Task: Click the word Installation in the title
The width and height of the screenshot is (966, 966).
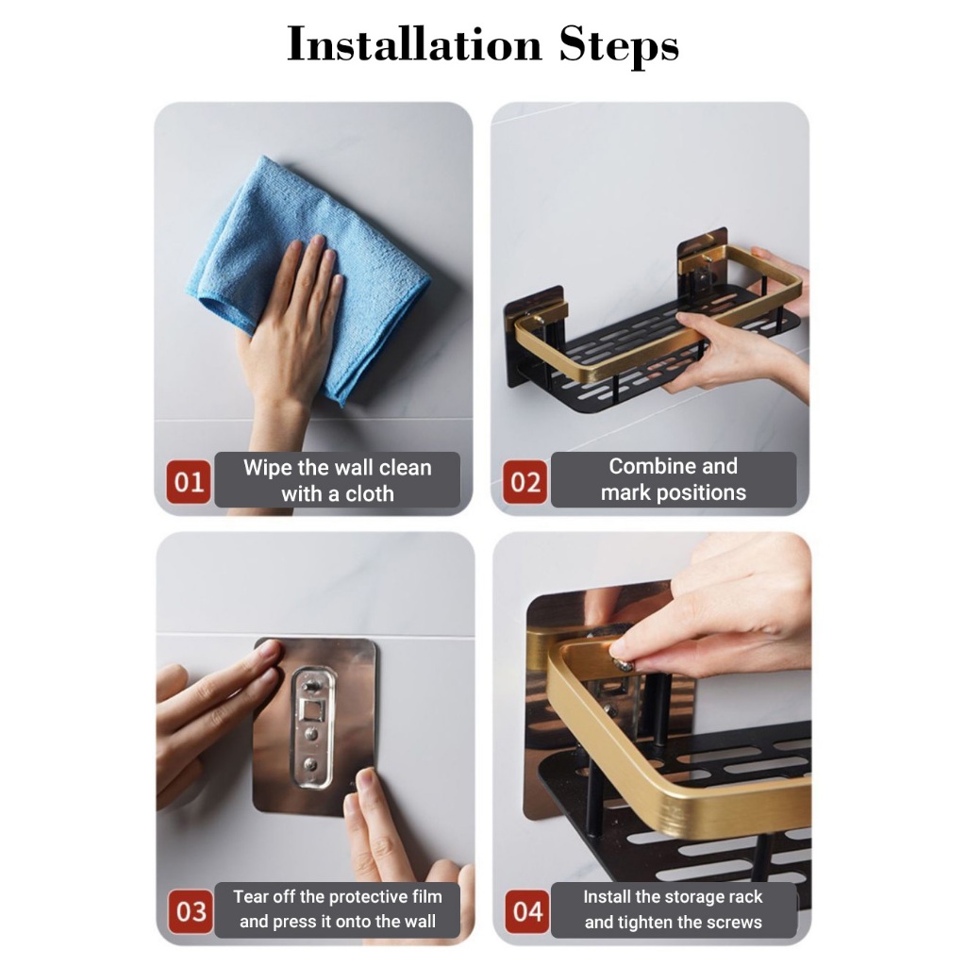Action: coord(414,44)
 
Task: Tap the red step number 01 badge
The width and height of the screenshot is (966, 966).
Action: coord(189,482)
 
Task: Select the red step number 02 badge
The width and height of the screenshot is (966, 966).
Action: coord(525,482)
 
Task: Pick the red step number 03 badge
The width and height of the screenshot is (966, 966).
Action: coord(191,912)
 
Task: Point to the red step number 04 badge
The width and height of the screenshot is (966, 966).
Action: coord(527,912)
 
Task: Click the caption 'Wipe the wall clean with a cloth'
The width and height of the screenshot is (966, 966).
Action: coord(338,480)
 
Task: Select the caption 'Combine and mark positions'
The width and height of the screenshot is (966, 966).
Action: coord(674,479)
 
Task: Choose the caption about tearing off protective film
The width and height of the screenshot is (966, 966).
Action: coord(338,909)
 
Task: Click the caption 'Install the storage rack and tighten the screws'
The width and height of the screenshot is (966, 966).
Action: coord(674,909)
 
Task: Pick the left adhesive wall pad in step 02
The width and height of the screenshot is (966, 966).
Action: coord(535,338)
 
